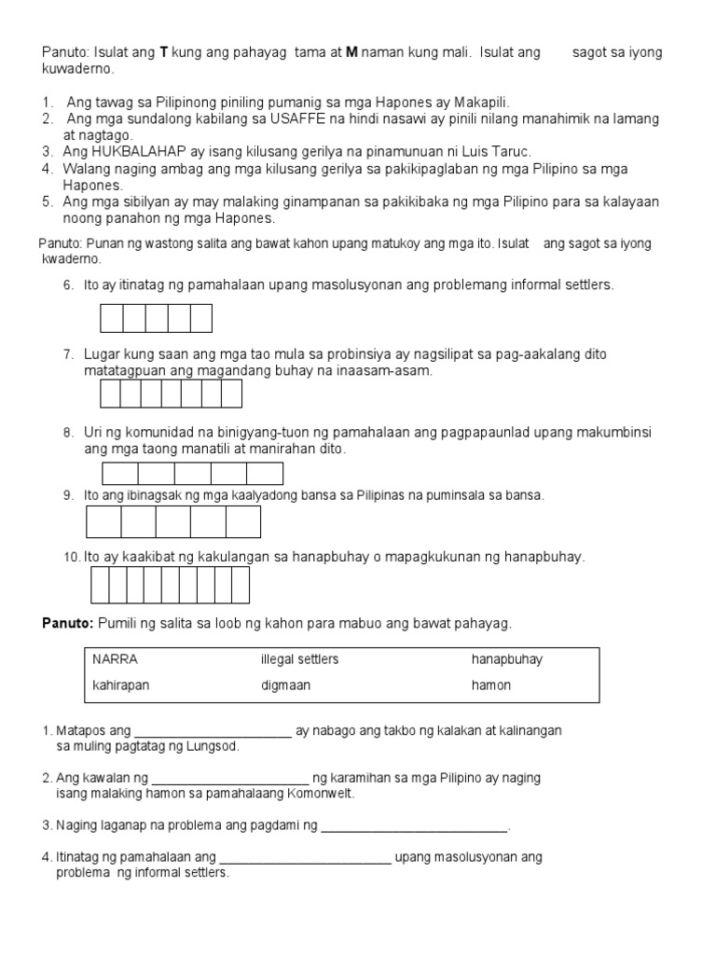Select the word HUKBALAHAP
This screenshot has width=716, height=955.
[139, 151]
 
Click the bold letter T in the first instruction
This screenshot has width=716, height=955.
[164, 53]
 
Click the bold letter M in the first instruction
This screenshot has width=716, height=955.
[351, 53]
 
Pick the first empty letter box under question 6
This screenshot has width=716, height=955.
[112, 319]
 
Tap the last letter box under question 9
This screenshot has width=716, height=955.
[243, 522]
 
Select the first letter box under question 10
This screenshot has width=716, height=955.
[99, 586]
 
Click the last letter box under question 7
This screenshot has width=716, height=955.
[232, 394]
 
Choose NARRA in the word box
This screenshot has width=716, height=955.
[116, 659]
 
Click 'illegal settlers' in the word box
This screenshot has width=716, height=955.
[300, 659]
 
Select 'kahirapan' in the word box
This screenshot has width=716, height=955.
[121, 685]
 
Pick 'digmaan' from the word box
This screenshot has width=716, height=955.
[286, 685]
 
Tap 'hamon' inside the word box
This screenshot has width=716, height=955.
[491, 685]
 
